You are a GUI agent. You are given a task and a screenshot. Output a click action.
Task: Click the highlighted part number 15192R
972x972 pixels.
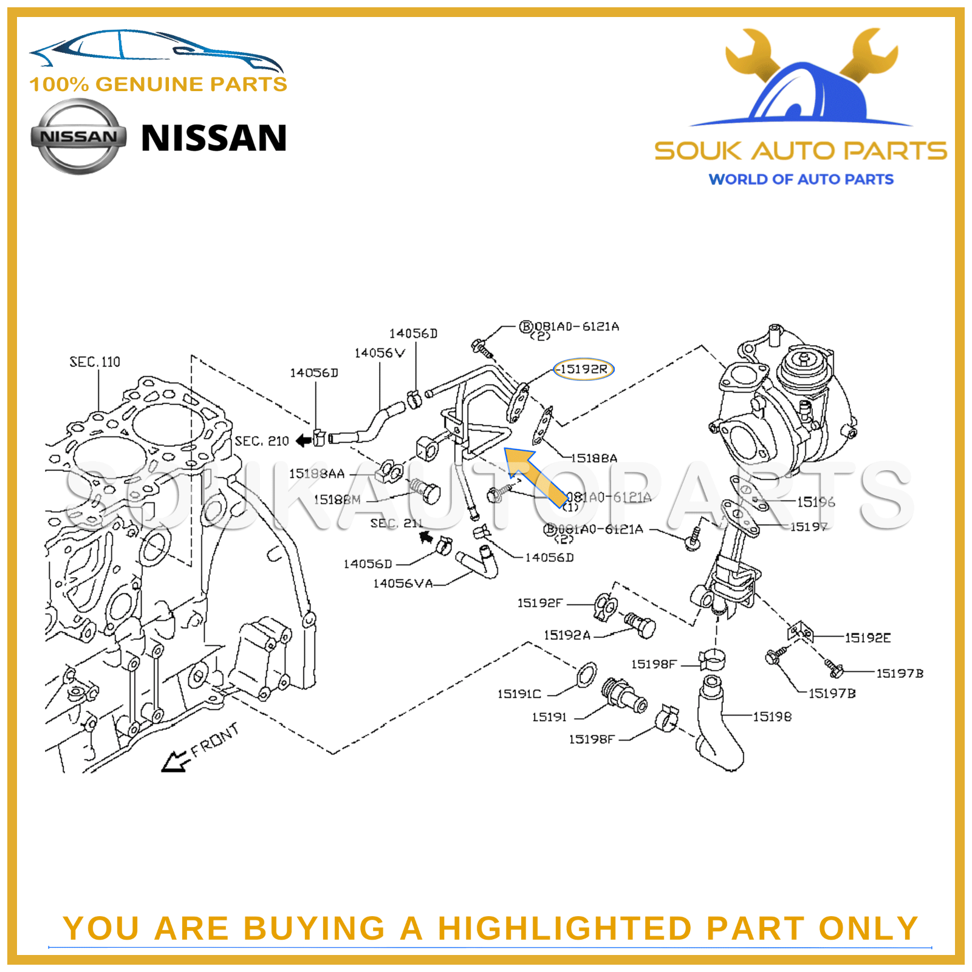583,369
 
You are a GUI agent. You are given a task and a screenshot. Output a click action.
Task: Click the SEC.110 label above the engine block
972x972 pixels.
95,362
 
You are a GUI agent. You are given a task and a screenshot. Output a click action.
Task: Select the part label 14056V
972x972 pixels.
380,353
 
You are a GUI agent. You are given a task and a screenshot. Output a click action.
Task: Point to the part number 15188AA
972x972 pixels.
317,473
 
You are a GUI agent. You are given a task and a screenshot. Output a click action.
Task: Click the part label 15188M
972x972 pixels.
337,499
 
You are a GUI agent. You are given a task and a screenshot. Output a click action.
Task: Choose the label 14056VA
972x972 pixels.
403,583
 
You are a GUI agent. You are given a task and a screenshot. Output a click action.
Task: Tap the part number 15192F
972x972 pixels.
539,603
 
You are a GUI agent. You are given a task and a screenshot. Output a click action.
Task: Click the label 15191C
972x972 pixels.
519,694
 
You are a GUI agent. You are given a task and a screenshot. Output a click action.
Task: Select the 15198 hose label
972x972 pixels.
772,717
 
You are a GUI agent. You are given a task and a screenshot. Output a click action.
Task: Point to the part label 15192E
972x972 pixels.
868,638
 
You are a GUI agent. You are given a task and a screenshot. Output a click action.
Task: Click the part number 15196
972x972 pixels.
816,502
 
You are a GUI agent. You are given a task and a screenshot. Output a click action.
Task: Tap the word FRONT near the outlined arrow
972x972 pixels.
214,741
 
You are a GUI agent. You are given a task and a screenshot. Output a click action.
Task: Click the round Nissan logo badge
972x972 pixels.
79,137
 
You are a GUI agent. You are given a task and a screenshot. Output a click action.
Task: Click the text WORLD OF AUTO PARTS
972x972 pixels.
801,179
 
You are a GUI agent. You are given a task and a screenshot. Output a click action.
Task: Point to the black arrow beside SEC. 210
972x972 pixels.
303,440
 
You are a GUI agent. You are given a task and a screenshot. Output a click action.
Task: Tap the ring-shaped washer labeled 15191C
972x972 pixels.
586,674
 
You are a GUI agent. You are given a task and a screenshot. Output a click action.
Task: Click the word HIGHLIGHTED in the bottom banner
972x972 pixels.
565,928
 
